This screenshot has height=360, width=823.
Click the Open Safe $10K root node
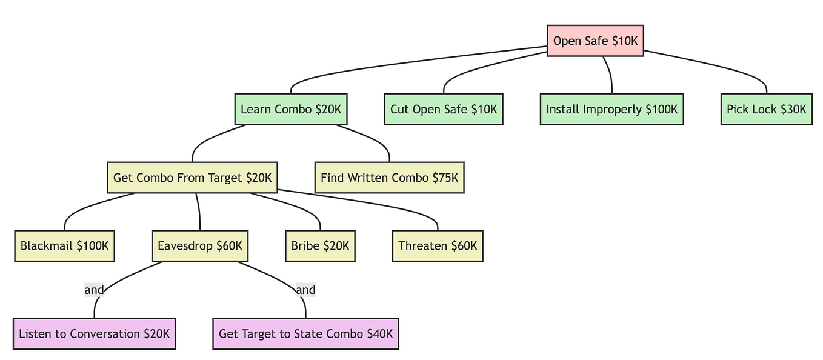point(595,41)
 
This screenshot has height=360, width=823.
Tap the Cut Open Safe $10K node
point(443,109)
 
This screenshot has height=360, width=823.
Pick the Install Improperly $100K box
point(611,109)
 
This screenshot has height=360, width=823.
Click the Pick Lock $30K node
point(766,109)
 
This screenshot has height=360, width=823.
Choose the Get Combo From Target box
point(192,178)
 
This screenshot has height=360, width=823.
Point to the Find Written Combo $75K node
point(389,178)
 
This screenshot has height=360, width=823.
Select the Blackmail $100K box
point(64,246)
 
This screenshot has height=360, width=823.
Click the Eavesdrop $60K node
point(199,246)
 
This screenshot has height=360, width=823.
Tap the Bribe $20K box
point(319,246)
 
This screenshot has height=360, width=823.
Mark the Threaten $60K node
point(437,246)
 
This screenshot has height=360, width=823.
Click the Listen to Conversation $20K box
point(94,333)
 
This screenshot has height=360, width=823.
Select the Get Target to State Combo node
point(305,333)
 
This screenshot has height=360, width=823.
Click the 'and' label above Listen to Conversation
point(95,290)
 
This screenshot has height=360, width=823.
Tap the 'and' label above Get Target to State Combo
point(305,290)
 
